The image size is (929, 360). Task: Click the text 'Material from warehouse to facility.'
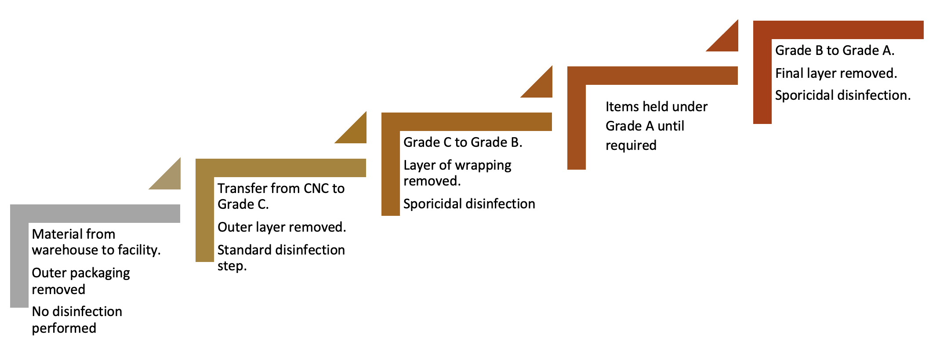pos(96,242)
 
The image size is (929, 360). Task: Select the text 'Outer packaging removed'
pos(81,281)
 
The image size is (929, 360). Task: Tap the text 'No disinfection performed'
pos(77,320)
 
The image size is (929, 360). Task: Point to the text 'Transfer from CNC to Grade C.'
pos(281,196)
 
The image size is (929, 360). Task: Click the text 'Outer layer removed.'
pos(282,227)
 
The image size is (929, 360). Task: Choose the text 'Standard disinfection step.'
pos(281,258)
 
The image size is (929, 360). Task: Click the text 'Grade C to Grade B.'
pos(463,142)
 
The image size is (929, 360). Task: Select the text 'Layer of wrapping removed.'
pos(457,173)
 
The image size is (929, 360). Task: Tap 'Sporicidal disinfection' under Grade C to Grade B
pos(469,204)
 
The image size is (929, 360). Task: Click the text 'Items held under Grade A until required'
pos(656,126)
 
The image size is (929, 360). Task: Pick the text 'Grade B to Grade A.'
pos(835,51)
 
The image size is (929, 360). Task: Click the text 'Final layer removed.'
pos(836,73)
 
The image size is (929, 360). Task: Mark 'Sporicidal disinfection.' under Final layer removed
pos(842,95)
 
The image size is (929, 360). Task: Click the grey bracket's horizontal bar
pos(95,214)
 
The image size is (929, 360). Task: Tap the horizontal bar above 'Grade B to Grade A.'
pos(838,30)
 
